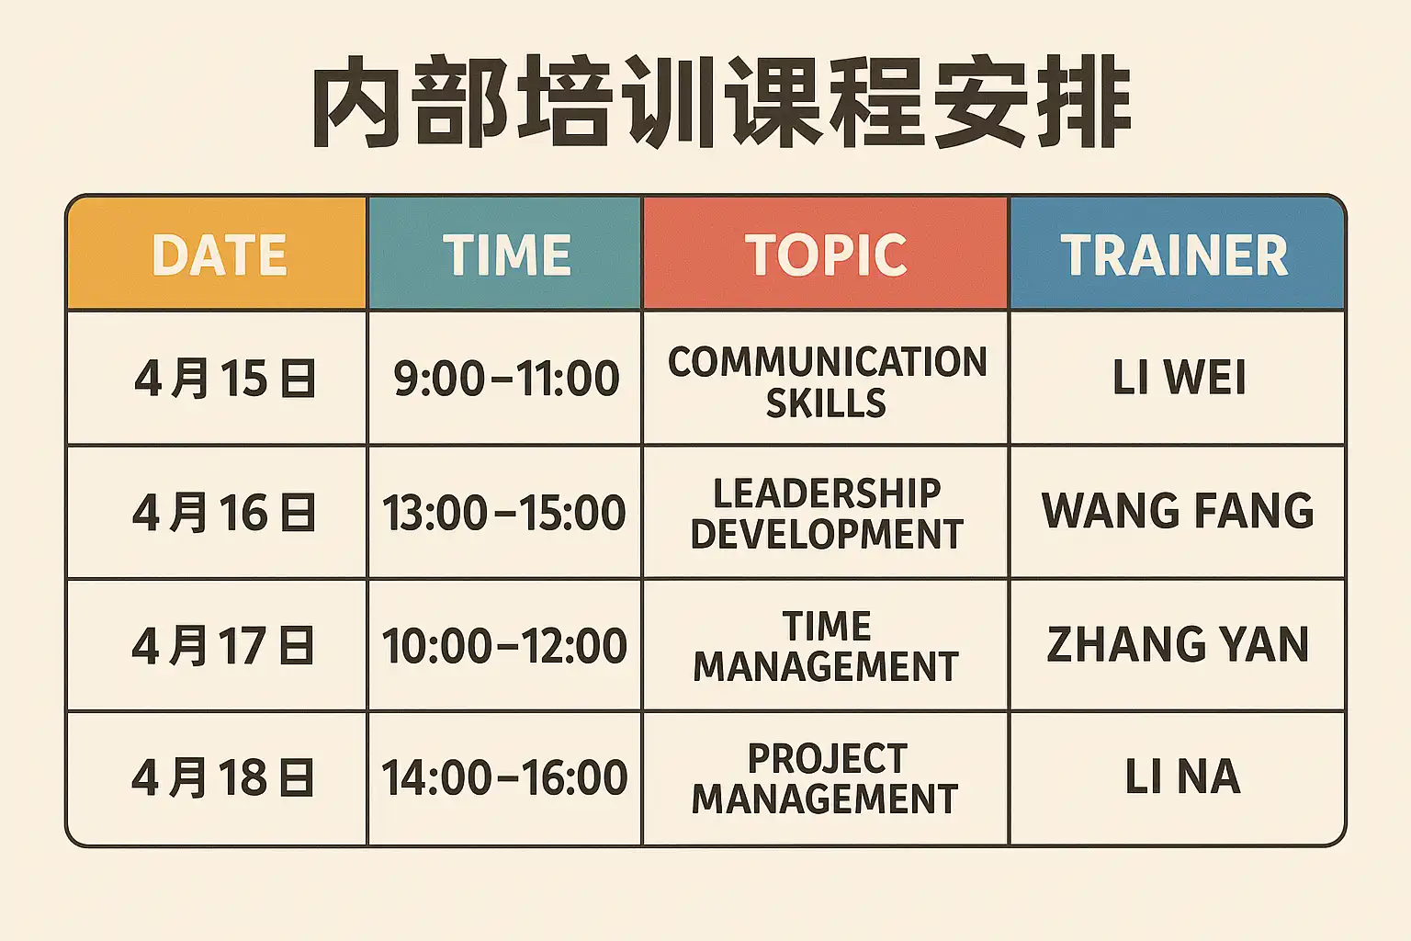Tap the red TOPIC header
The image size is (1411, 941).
click(x=826, y=255)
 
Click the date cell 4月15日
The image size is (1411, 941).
click(x=225, y=379)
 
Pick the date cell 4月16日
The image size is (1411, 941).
click(x=223, y=512)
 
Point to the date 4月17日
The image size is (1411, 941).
click(x=222, y=645)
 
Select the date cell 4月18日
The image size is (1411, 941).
click(x=222, y=777)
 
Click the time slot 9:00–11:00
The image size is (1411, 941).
click(x=506, y=379)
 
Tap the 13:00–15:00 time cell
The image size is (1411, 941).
click(x=504, y=512)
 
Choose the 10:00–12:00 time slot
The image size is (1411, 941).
click(x=504, y=645)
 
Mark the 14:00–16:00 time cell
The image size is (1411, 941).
click(x=504, y=777)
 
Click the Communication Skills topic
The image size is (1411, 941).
click(x=827, y=382)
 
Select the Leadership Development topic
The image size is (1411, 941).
click(x=827, y=513)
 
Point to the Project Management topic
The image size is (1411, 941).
click(x=825, y=777)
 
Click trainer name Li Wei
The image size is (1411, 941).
click(x=1180, y=378)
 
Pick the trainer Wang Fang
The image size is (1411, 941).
click(x=1178, y=510)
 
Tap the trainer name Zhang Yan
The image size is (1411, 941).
click(x=1178, y=644)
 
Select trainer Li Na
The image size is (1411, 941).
click(x=1183, y=777)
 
